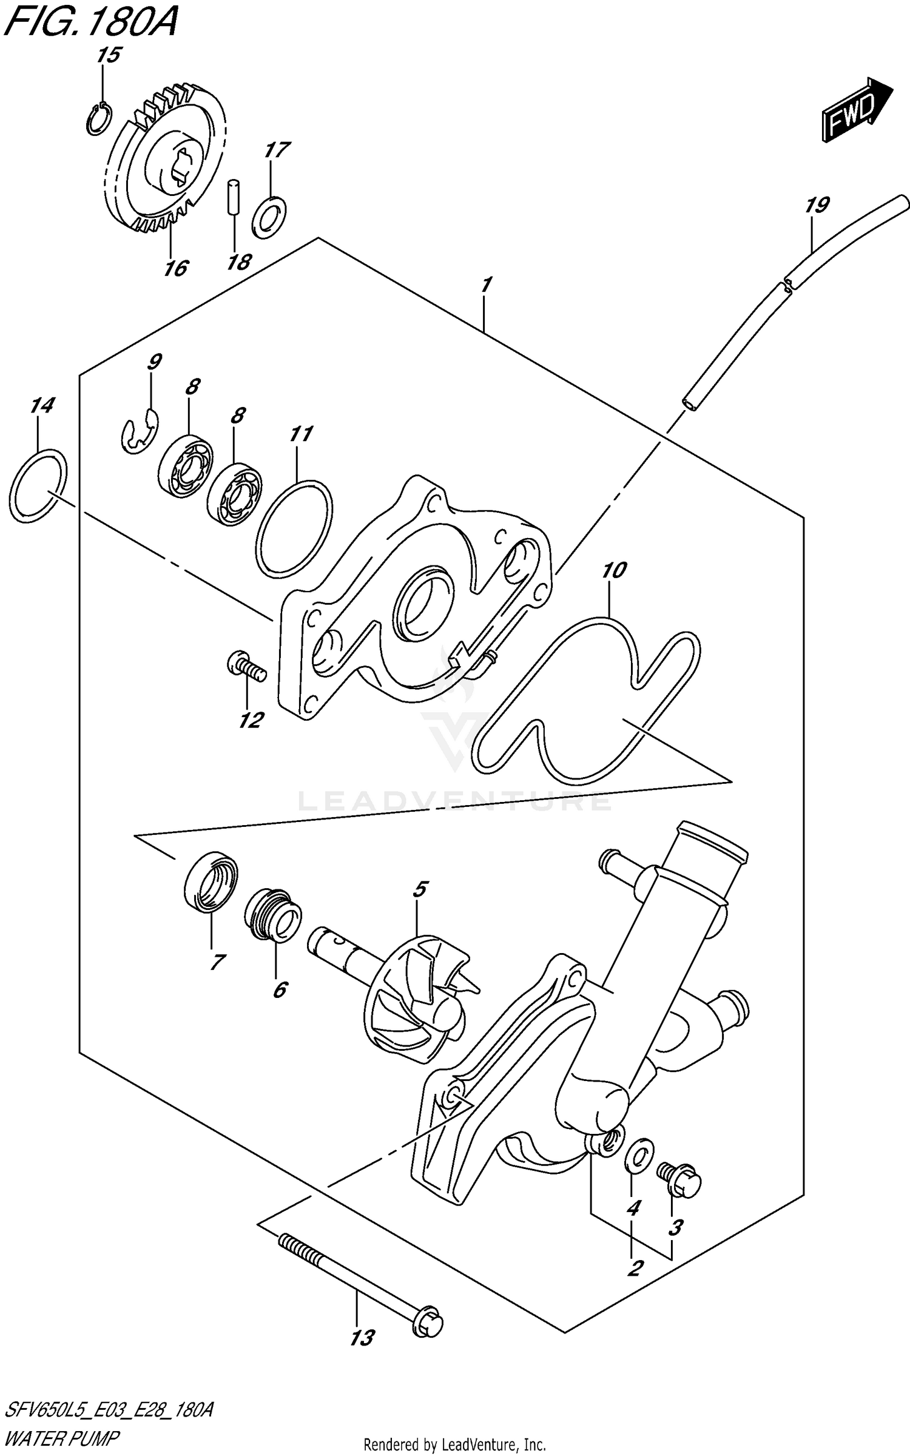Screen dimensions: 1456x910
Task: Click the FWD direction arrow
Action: (x=856, y=110)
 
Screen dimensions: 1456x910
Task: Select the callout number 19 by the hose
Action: (x=817, y=205)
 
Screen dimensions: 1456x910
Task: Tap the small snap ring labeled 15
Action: (x=98, y=119)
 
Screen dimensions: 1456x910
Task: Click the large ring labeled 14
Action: (x=38, y=485)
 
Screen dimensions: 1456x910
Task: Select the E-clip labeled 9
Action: (x=138, y=431)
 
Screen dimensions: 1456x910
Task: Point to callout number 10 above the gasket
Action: (x=614, y=570)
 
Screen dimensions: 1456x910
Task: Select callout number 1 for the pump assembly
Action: (x=485, y=286)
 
